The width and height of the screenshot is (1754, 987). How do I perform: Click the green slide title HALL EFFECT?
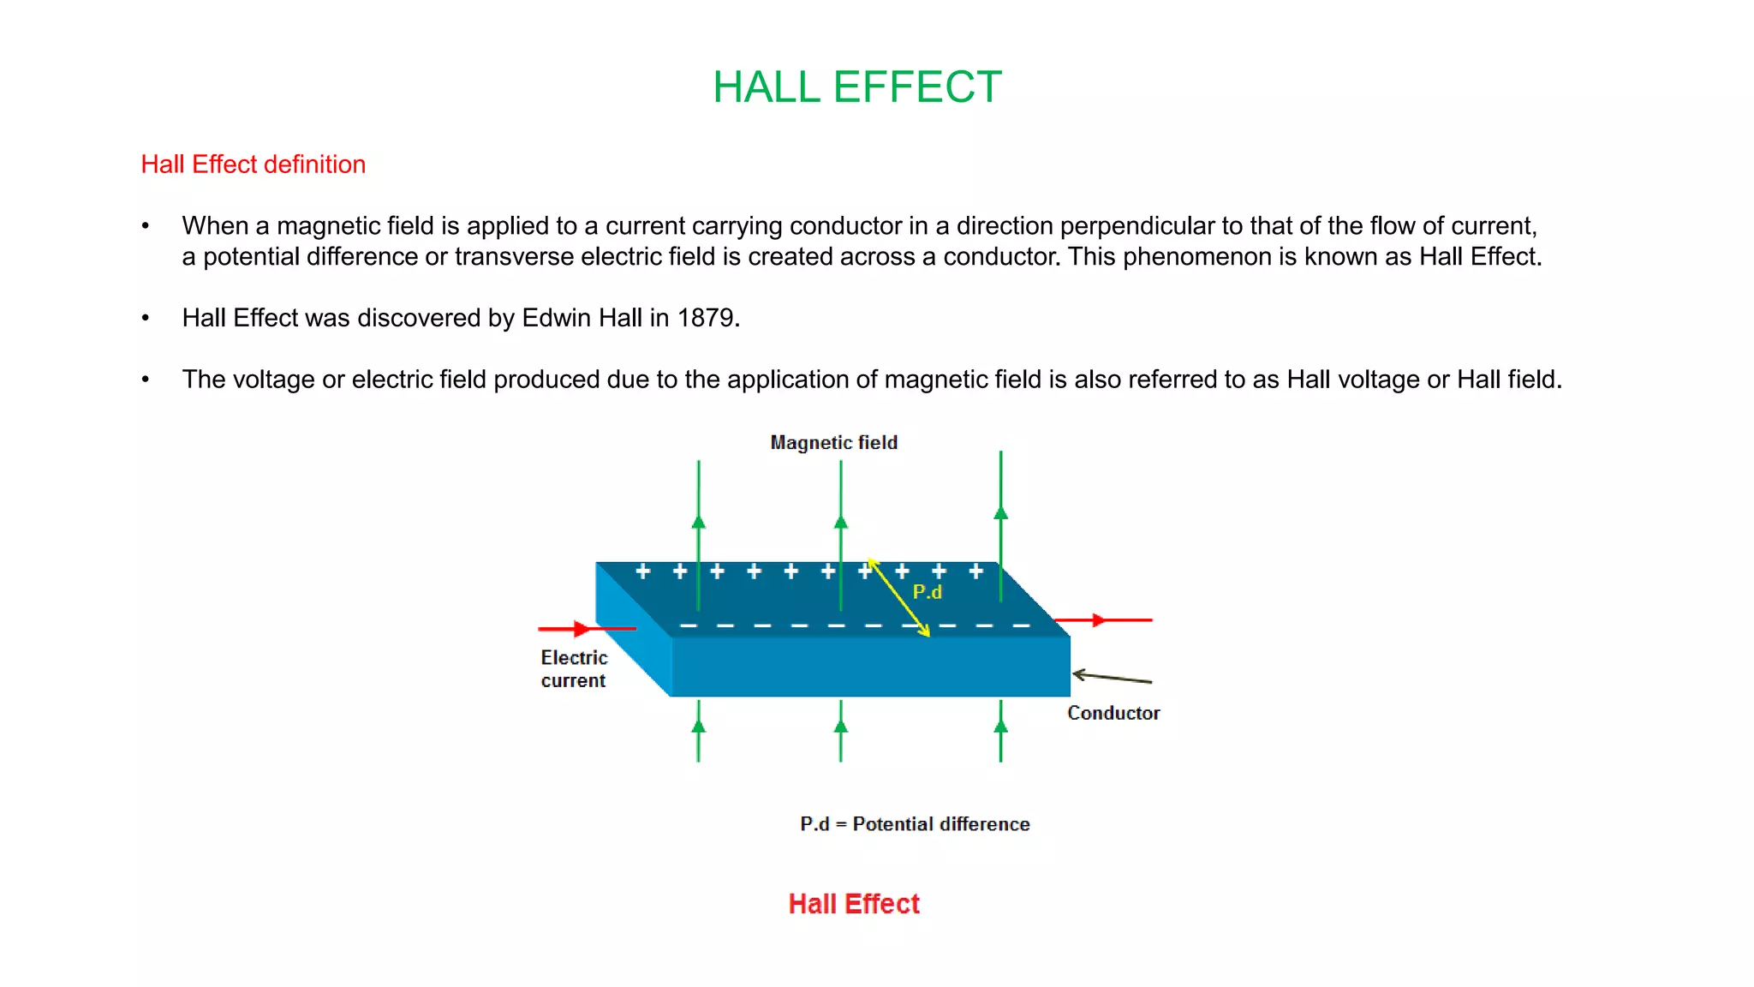pyautogui.click(x=856, y=87)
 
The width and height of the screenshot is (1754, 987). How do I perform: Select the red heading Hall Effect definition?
pyautogui.click(x=253, y=164)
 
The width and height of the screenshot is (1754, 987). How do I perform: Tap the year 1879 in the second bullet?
pyautogui.click(x=707, y=318)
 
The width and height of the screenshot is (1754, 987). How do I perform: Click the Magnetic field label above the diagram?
pyautogui.click(x=833, y=443)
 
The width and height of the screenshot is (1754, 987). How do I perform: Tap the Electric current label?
pyautogui.click(x=574, y=669)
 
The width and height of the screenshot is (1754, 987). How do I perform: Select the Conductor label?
pyautogui.click(x=1113, y=713)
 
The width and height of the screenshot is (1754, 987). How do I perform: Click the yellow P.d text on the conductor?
pyautogui.click(x=927, y=592)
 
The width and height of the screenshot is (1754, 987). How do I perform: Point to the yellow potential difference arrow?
pyautogui.click(x=898, y=598)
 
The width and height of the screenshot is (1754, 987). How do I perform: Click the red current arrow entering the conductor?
pyautogui.click(x=585, y=629)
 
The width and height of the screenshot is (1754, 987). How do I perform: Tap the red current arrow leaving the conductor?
pyautogui.click(x=1103, y=619)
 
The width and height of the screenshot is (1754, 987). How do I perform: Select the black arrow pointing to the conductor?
pyautogui.click(x=1111, y=678)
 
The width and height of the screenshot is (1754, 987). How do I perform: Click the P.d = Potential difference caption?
pyautogui.click(x=915, y=824)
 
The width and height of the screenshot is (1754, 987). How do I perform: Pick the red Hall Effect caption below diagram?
pyautogui.click(x=854, y=904)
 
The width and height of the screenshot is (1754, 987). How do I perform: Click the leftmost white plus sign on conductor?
pyautogui.click(x=642, y=571)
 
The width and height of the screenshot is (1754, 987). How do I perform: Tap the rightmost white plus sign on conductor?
pyautogui.click(x=975, y=571)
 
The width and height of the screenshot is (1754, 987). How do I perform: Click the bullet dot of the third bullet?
pyautogui.click(x=146, y=380)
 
